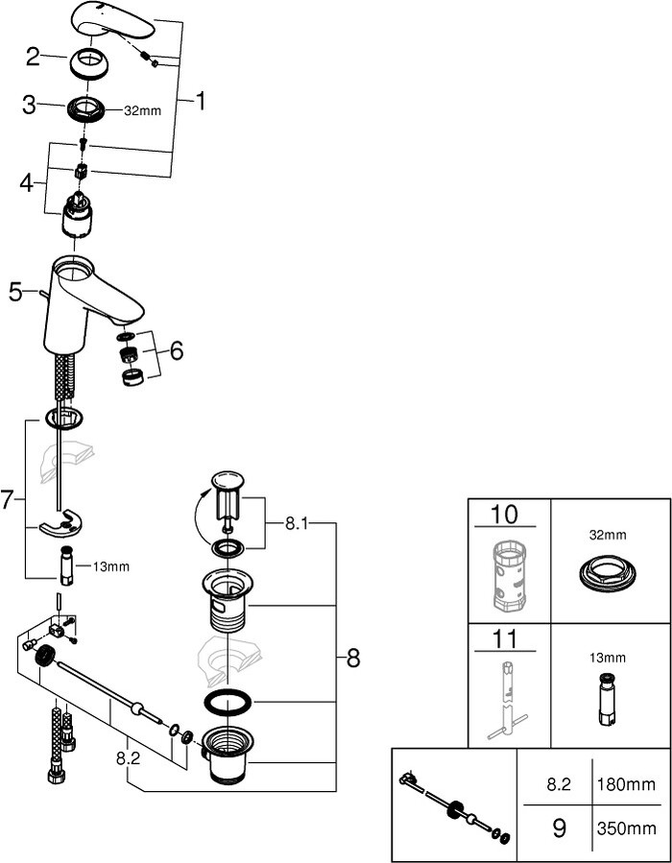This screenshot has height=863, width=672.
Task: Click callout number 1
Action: [200, 100]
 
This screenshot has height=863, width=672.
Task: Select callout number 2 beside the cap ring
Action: [33, 58]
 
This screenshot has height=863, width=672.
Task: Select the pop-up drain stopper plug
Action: [228, 499]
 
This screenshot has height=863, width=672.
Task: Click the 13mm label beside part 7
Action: [112, 566]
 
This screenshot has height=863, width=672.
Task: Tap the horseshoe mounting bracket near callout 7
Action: [61, 524]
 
